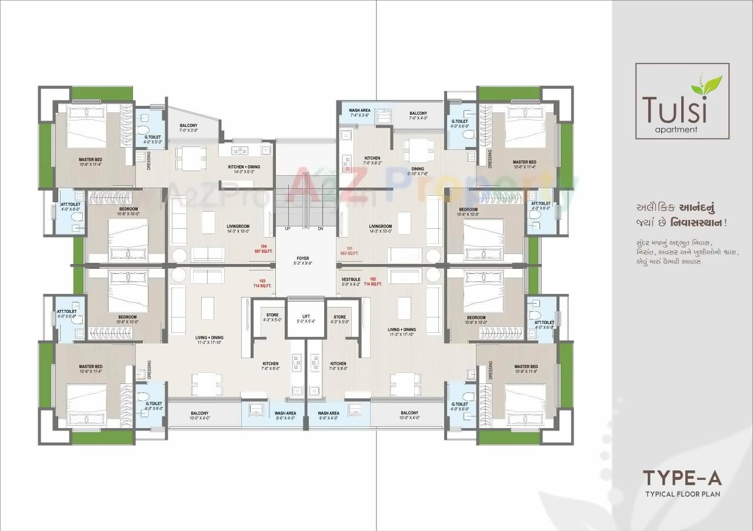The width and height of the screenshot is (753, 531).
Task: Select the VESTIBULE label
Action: point(351,279)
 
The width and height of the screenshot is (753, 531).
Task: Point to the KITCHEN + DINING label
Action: point(244,167)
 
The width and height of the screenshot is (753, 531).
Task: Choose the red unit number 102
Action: point(372,279)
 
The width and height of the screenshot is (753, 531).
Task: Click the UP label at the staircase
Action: point(288,229)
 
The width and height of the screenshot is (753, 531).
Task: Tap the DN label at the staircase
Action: point(321,229)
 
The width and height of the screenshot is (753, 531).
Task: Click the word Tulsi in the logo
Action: point(669,109)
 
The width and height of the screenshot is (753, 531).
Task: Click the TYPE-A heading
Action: point(682,477)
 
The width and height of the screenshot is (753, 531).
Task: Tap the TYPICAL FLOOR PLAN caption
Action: point(682,494)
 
